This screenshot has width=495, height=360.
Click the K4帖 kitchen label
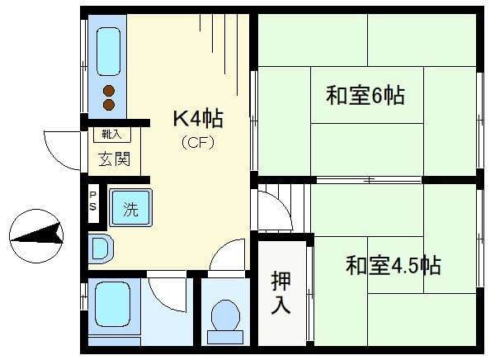click(x=198, y=119)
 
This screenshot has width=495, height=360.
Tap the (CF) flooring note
click(x=198, y=143)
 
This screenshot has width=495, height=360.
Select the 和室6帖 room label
click(x=365, y=95)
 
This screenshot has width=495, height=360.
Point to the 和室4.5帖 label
click(x=393, y=265)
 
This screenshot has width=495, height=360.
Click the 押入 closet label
click(x=280, y=292)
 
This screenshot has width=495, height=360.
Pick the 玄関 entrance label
click(x=114, y=159)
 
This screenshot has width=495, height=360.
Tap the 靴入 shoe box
click(x=111, y=135)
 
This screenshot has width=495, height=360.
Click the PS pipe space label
click(x=93, y=201)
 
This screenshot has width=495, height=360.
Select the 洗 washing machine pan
click(x=130, y=207)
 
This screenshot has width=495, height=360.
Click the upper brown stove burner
click(x=109, y=92)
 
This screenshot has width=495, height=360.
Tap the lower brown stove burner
click(x=109, y=105)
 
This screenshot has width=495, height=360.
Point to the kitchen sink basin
click(x=108, y=52)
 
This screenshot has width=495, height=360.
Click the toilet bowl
click(x=225, y=315)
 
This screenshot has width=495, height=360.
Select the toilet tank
click(x=225, y=337)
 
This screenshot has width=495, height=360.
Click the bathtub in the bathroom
click(x=112, y=304)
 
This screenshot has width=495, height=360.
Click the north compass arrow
click(x=36, y=235)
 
